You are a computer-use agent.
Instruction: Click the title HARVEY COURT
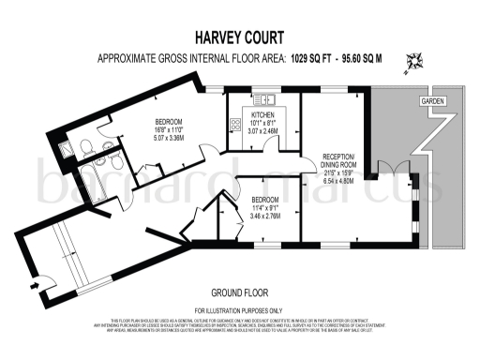pyautogui.click(x=239, y=38)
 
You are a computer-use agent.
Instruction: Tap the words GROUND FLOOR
pyautogui.click(x=239, y=292)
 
